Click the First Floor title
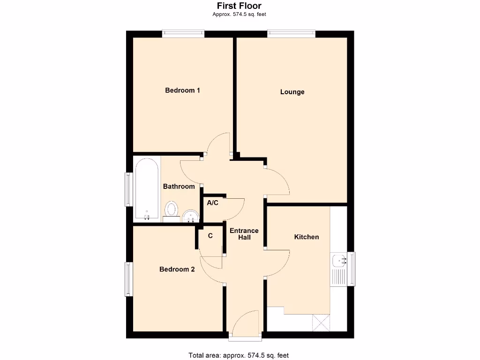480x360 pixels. click(239, 6)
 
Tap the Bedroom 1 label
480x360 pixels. click(182, 90)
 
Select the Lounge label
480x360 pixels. click(292, 92)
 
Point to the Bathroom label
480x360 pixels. click(179, 187)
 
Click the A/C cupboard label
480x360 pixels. click(212, 203)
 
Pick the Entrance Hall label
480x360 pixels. click(244, 234)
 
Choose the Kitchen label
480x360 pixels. click(306, 237)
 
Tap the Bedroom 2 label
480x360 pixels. click(177, 269)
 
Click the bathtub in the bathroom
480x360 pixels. click(147, 189)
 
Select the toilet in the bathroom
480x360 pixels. click(172, 210)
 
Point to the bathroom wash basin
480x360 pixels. click(190, 216)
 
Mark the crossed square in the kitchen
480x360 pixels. click(321, 323)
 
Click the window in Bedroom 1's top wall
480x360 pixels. click(183, 34)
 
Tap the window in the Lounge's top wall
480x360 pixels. click(292, 34)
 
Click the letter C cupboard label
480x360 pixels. click(210, 236)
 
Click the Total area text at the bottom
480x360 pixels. click(239, 355)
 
